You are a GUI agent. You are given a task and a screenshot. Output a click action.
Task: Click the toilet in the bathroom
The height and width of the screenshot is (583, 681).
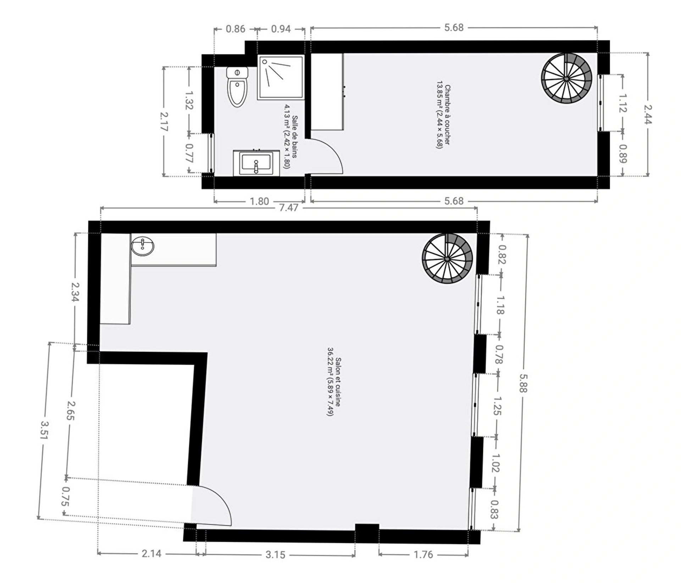click(x=237, y=87)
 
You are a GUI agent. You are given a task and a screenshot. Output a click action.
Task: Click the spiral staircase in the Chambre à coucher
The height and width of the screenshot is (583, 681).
click(x=566, y=78)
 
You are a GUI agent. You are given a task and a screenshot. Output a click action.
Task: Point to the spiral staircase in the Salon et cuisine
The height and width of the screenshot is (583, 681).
click(x=447, y=259)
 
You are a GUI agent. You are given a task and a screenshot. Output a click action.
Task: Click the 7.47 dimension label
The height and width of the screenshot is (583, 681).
click(x=289, y=207)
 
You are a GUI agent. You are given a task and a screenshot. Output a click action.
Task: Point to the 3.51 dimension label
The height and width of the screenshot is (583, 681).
click(x=44, y=430)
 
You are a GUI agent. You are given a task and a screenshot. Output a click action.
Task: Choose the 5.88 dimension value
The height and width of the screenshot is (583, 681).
click(x=524, y=383)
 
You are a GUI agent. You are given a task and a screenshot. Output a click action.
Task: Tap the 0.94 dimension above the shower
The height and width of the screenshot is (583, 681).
click(x=281, y=29)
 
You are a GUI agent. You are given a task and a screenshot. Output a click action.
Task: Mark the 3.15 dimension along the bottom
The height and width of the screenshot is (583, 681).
click(x=275, y=555)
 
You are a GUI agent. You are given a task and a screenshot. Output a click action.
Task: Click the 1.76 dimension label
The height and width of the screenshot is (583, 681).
click(x=423, y=554)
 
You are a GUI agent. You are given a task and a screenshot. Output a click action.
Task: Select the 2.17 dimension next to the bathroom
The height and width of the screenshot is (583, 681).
click(x=164, y=121)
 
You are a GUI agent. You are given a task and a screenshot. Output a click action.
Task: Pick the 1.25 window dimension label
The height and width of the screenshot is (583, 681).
click(x=497, y=406)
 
